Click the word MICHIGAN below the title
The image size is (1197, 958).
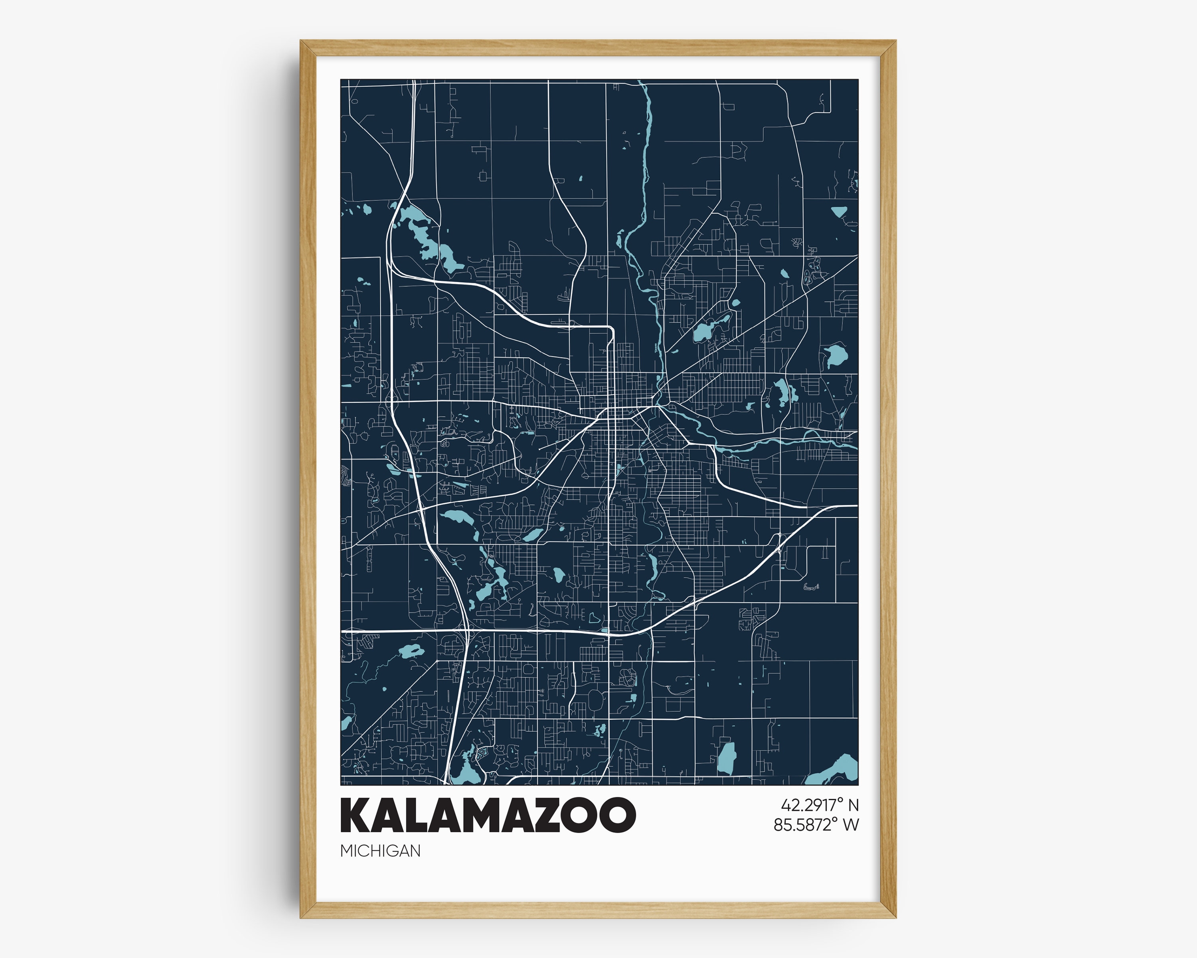coord(380,851)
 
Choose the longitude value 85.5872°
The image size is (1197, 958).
coord(804,825)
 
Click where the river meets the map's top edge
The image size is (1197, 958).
coord(640,82)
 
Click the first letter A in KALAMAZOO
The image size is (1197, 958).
coord(386,816)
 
